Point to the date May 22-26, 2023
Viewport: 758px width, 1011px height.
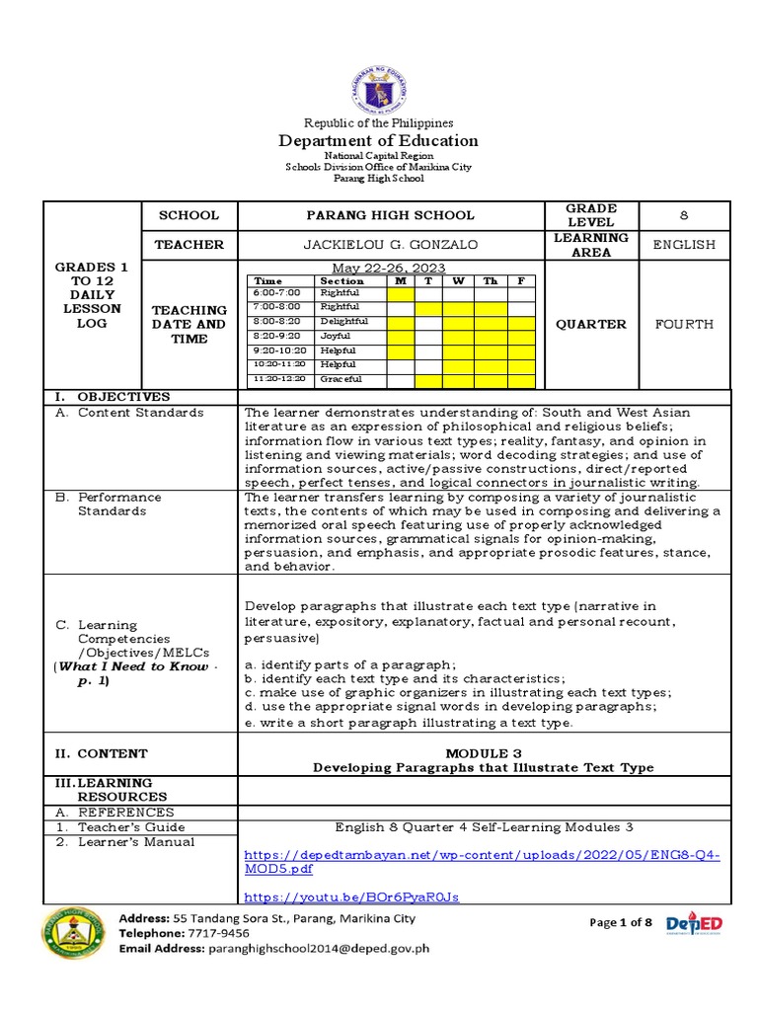tap(388, 269)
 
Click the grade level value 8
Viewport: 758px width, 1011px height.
tap(684, 215)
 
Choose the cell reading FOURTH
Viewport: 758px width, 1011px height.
tap(684, 324)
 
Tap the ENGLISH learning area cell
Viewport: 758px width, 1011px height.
tap(684, 244)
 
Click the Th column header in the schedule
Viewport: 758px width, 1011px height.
tap(491, 280)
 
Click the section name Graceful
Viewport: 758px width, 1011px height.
tap(341, 379)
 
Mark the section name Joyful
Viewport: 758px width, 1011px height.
tap(336, 336)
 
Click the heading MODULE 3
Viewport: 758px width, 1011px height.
tap(483, 752)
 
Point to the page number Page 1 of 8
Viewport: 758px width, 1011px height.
tap(620, 922)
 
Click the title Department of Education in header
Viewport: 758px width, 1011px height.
tap(379, 141)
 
